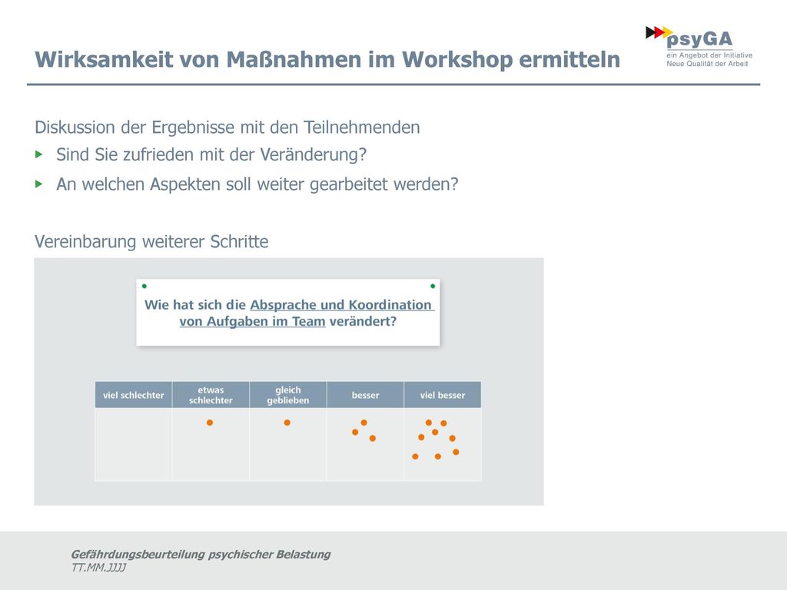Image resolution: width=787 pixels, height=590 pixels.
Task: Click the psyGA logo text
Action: click(x=699, y=40)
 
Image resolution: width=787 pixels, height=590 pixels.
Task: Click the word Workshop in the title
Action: click(x=457, y=60)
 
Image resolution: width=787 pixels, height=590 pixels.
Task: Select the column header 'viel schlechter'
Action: click(x=134, y=395)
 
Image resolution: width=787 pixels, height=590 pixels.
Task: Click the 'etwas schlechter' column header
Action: click(x=211, y=395)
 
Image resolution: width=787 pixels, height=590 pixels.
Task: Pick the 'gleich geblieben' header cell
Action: click(x=288, y=395)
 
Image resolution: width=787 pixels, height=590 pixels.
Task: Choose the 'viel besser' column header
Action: click(x=443, y=395)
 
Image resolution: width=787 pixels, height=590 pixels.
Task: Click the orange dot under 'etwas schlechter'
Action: click(x=210, y=423)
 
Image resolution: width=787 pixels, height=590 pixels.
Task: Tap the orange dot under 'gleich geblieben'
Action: click(x=287, y=423)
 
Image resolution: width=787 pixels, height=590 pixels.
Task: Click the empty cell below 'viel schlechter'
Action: click(x=134, y=445)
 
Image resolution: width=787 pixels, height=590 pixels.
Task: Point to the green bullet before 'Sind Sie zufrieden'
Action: click(x=39, y=154)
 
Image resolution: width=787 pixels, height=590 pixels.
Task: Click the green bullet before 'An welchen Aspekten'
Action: click(x=39, y=184)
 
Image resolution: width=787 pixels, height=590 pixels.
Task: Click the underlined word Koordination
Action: click(x=390, y=305)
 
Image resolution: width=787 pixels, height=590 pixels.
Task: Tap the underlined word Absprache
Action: click(x=283, y=306)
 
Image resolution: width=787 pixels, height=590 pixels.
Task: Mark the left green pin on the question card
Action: click(x=144, y=286)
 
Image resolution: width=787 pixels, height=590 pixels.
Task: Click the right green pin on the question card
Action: click(x=433, y=286)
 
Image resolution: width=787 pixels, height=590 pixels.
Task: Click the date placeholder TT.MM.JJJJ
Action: click(x=98, y=568)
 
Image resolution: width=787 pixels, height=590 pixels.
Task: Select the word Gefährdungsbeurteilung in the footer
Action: click(x=138, y=555)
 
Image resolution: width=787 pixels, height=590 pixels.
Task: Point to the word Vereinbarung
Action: click(x=85, y=242)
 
